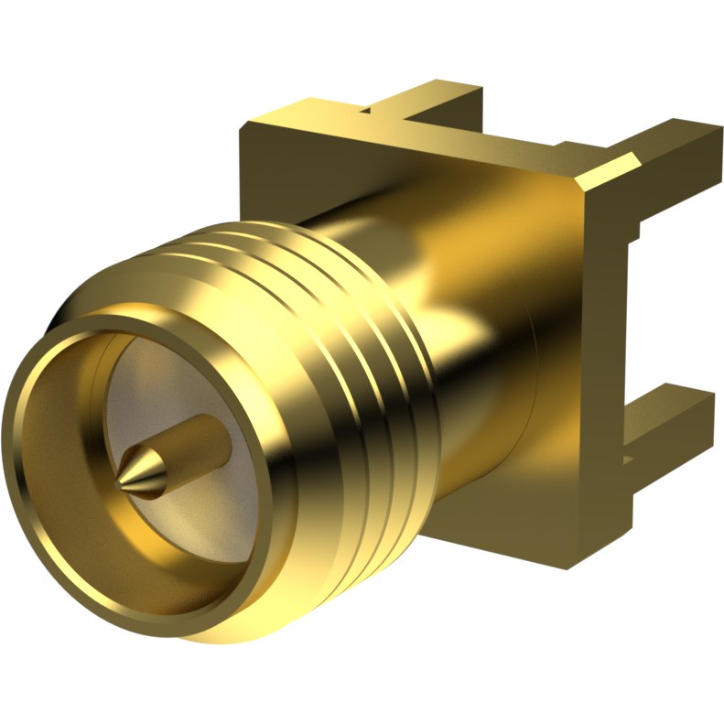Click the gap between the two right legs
tap(659, 302)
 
